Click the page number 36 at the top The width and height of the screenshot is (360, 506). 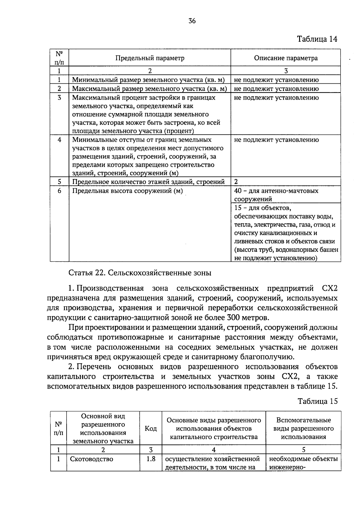click(192, 21)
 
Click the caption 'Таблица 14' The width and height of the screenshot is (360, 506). click(317, 39)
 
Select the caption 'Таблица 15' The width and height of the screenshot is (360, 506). click(317, 401)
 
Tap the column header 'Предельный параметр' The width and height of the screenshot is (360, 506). click(150, 58)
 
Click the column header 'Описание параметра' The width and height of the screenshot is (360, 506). click(286, 58)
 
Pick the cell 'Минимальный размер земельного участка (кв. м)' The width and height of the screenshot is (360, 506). click(148, 80)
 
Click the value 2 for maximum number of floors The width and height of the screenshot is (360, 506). click(236, 182)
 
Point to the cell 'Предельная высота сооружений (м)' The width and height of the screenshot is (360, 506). click(127, 191)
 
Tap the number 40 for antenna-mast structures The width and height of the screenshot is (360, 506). click(238, 191)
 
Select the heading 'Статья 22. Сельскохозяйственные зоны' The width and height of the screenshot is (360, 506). click(140, 273)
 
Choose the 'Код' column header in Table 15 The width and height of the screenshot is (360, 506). click(151, 429)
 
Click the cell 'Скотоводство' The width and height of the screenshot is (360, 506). click(92, 459)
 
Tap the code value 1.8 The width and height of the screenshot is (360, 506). click(151, 459)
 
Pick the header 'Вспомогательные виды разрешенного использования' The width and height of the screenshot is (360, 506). click(303, 429)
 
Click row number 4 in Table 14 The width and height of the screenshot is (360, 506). click(59, 140)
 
